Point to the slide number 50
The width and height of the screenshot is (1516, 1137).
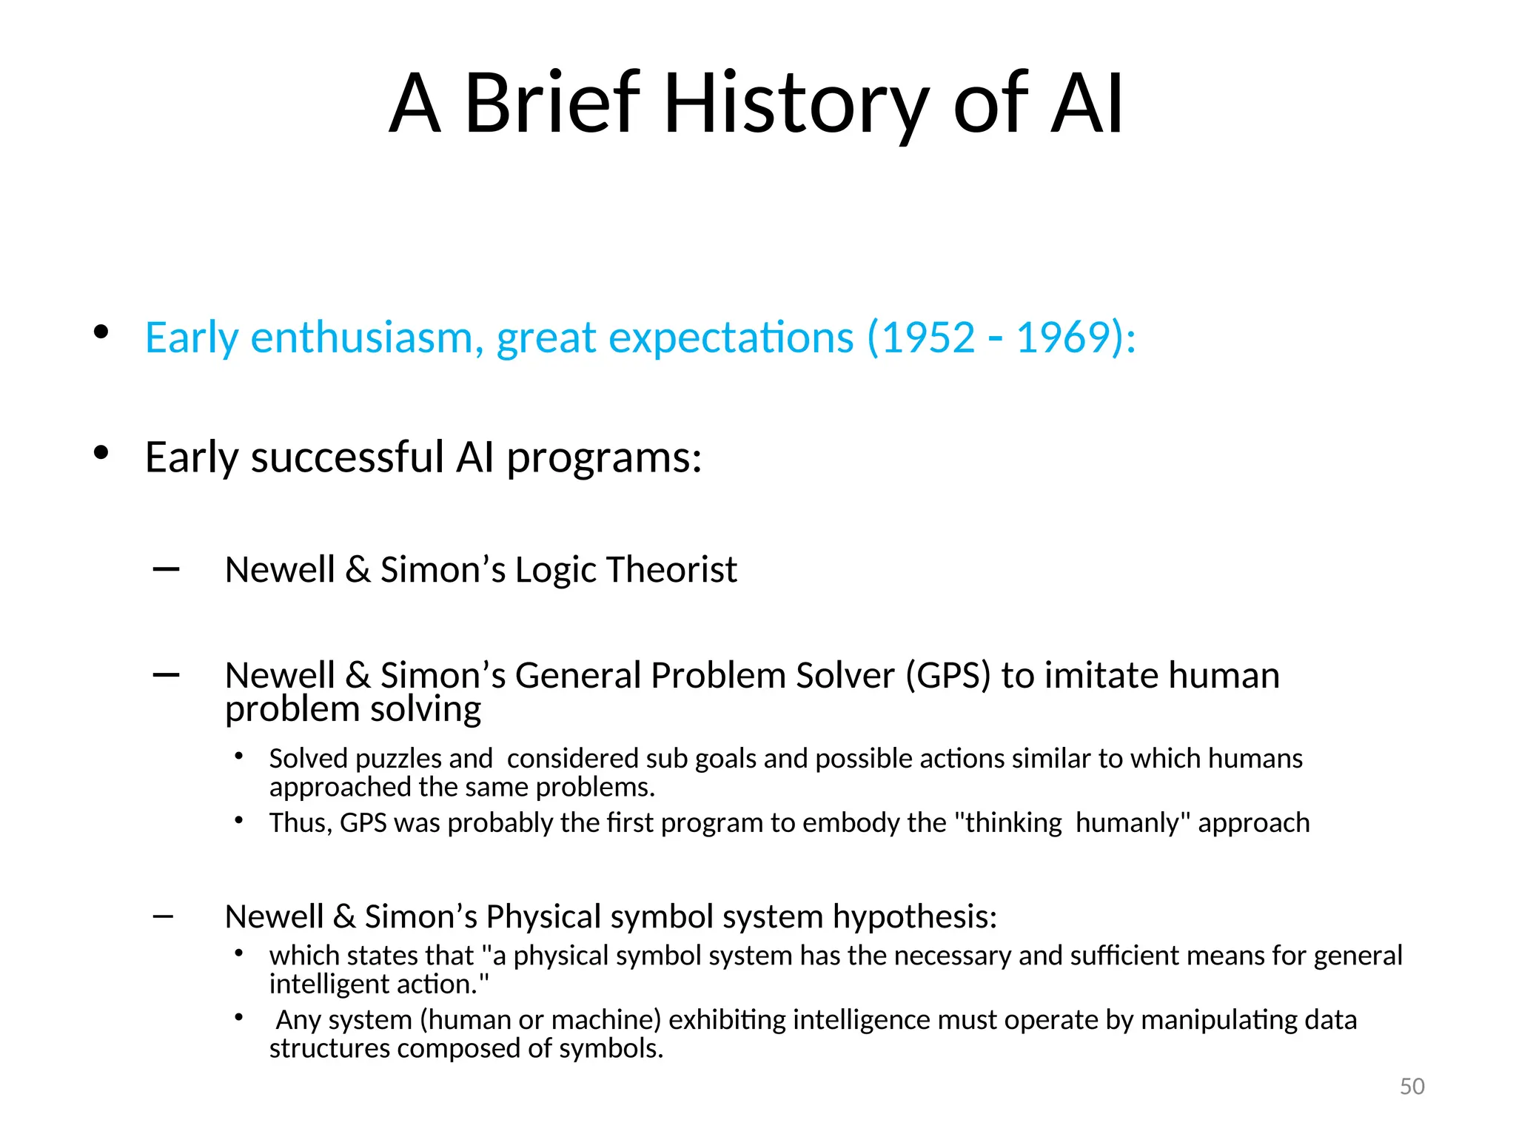1412,1086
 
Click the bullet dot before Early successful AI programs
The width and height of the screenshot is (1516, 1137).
101,452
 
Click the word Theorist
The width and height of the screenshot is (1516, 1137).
671,570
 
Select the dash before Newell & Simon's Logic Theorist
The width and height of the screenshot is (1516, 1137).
166,569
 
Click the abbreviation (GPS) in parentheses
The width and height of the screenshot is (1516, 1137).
948,676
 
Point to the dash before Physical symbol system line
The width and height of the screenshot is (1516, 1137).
163,916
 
